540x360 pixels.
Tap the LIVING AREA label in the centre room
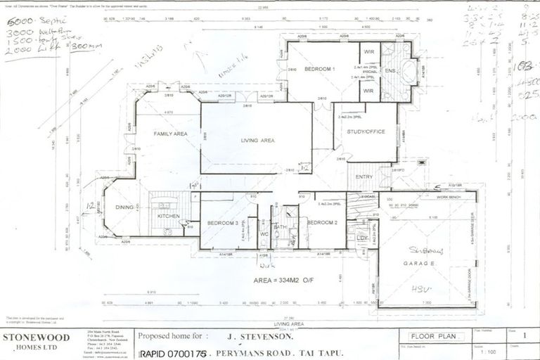coord(257,141)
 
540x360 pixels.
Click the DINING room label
coord(124,207)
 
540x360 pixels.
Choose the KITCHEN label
coord(168,216)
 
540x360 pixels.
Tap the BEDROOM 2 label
coord(321,222)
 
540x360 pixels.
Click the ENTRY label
coord(364,176)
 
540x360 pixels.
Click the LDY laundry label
coord(363,238)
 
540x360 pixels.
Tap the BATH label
coord(280,227)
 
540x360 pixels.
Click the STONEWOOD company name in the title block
coord(38,337)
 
